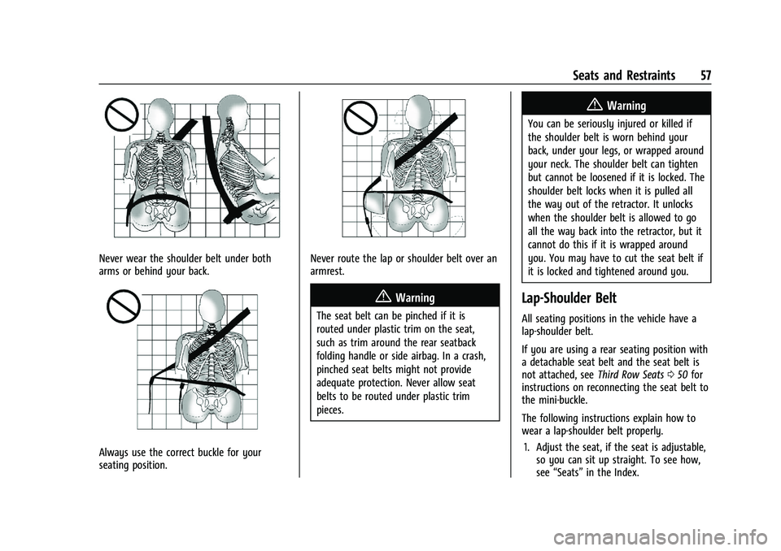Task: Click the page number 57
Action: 705,76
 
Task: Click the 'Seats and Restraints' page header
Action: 624,76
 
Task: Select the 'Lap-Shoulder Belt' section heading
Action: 569,298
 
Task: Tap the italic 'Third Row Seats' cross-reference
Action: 630,375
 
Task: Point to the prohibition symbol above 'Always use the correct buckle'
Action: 123,306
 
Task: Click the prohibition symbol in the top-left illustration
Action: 121,115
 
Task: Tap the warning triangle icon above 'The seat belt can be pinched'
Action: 383,297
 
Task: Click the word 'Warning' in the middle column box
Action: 415,297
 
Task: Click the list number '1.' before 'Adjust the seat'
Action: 528,447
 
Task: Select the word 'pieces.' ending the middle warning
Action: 330,410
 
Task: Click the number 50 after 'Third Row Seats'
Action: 683,375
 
